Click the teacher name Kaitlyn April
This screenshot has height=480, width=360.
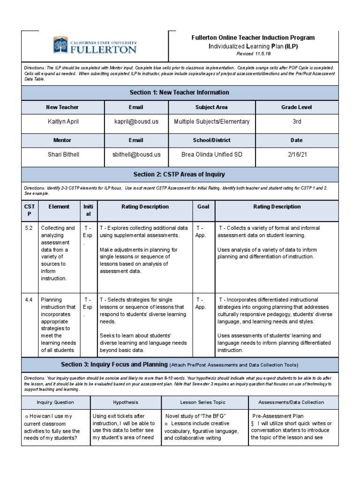pos(64,122)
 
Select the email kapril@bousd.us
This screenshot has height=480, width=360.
pos(136,122)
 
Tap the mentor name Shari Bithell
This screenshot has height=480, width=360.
pos(64,154)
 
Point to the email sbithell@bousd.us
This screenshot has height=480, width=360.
pos(136,154)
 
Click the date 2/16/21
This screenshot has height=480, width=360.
pos(296,154)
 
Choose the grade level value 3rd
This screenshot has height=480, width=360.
pos(296,122)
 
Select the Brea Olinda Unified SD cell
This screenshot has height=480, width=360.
pos(211,154)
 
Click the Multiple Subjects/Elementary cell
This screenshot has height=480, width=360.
pos(211,122)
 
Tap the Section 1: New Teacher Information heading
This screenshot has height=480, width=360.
pos(180,93)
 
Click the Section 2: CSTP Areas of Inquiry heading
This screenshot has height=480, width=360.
pos(180,174)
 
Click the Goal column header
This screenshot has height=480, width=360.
pos(203,207)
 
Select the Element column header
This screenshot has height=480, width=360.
pos(59,207)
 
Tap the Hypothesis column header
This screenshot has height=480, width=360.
pos(126,402)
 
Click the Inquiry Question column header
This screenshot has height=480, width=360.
pos(55,402)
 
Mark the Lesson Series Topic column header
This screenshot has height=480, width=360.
pos(202,402)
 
